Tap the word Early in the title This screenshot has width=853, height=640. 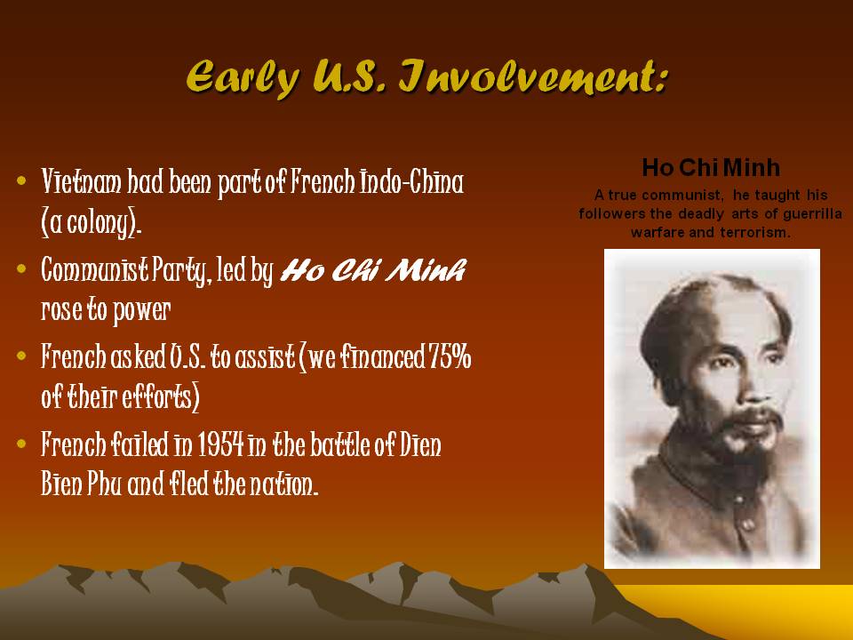[243, 79]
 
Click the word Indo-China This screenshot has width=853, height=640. [411, 181]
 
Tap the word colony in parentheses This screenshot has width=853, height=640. [92, 222]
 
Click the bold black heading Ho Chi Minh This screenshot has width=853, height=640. [711, 168]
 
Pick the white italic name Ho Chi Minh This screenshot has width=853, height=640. [373, 269]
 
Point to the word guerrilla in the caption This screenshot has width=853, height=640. [812, 214]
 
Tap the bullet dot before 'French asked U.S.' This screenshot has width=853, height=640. [21, 356]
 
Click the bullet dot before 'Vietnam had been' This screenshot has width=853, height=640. [21, 180]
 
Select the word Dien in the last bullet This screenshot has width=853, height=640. [420, 444]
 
